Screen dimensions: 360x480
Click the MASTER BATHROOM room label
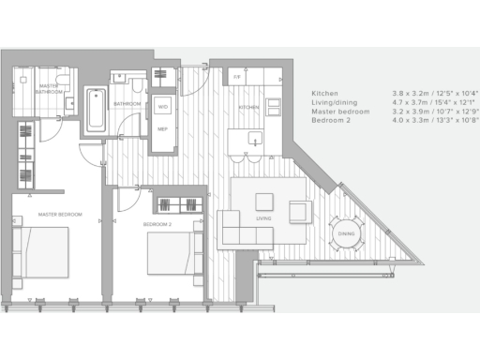[x=48, y=89]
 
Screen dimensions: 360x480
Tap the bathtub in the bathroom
[x=96, y=111]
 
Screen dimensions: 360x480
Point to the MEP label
[x=162, y=128]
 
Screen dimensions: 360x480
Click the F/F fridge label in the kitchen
[x=237, y=76]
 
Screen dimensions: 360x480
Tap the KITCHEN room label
[x=248, y=108]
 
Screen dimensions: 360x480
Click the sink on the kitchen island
[x=253, y=141]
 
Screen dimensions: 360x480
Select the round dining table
[x=345, y=234]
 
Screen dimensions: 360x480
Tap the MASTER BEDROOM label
[x=60, y=215]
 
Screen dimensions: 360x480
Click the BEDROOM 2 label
[x=157, y=225]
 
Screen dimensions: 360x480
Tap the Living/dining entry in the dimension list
[x=339, y=104]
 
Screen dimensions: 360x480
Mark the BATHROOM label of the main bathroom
[x=127, y=103]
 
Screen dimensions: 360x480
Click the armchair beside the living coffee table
[x=300, y=212]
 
